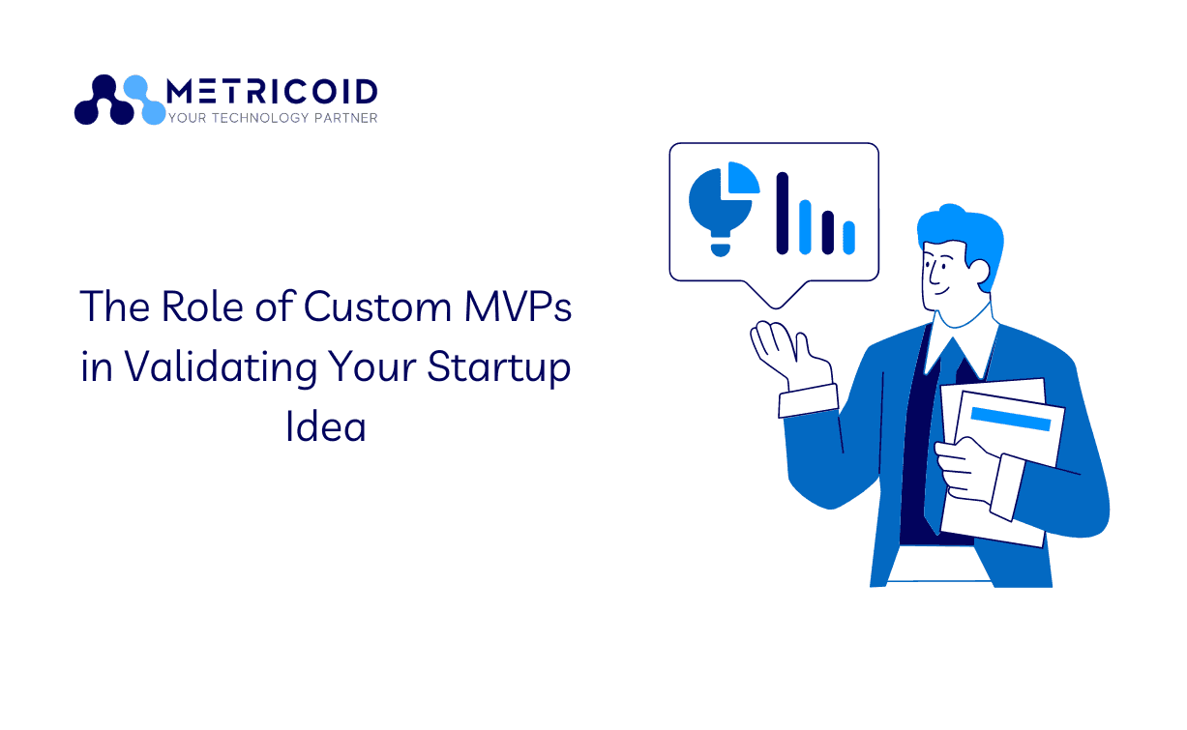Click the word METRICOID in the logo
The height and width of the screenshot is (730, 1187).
[272, 91]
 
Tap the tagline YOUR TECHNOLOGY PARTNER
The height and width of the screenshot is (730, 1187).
[273, 118]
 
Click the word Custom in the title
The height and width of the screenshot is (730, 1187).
[377, 307]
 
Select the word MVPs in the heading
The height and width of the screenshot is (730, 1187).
[518, 307]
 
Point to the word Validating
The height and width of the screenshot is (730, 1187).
[221, 367]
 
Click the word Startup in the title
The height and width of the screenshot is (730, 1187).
[498, 367]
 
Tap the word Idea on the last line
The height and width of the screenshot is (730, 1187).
[326, 426]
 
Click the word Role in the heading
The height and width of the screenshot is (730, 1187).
[202, 307]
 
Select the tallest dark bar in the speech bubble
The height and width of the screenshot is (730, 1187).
[783, 213]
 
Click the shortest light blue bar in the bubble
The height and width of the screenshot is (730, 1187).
[849, 238]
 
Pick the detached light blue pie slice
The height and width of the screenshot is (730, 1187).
[743, 178]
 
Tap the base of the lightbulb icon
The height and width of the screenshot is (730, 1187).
[720, 250]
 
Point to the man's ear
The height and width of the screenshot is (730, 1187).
[978, 272]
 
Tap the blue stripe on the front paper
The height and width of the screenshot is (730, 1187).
[1011, 419]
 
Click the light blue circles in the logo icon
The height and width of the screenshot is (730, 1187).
[144, 100]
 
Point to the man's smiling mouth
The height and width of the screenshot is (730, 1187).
[941, 290]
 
